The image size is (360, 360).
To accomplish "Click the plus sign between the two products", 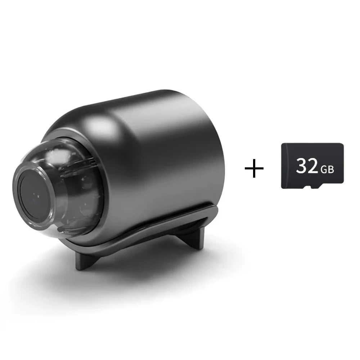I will click(x=254, y=168).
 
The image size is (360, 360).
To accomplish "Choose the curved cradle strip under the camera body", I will click(x=144, y=234).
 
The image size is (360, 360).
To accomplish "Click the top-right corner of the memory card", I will click(x=342, y=145).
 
